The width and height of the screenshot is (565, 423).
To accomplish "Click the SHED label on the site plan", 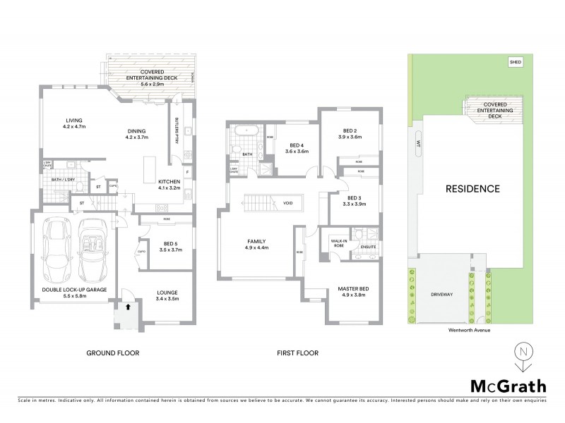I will [514, 62].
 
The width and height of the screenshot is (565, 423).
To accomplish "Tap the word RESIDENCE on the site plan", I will [472, 189].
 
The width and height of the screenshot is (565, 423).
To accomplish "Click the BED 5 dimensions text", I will [172, 250].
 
